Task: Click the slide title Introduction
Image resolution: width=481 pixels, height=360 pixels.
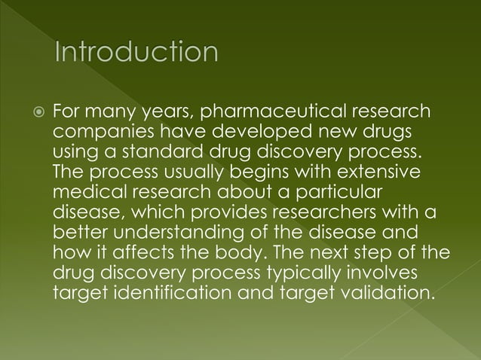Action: [135, 53]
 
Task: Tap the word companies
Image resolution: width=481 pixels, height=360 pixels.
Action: [97, 133]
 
